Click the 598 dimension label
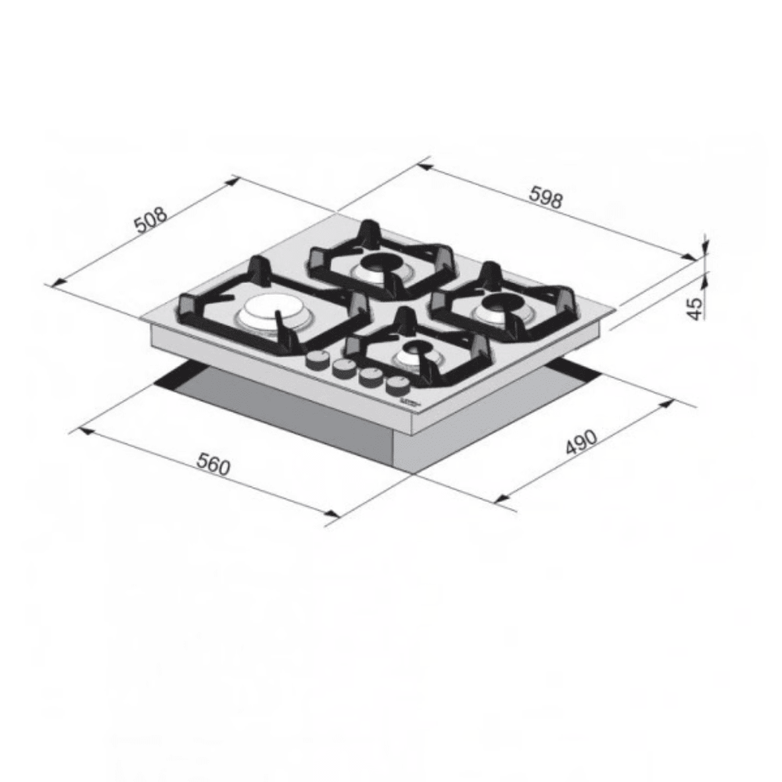click(546, 197)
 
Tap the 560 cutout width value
click(213, 465)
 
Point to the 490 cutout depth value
click(581, 442)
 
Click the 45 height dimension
click(694, 307)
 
